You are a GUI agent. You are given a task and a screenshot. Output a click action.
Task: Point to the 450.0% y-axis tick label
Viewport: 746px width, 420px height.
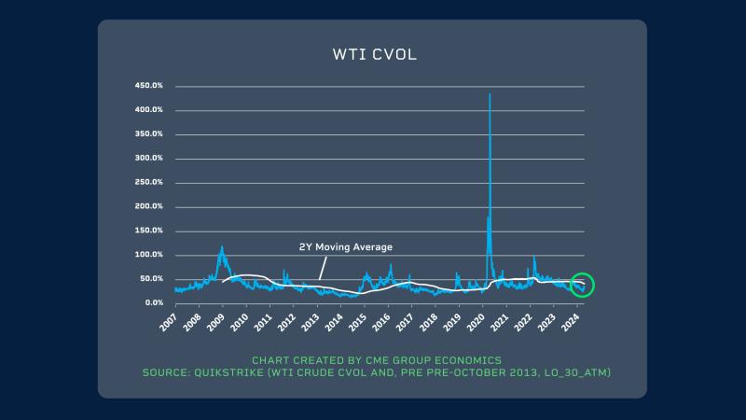point(150,86)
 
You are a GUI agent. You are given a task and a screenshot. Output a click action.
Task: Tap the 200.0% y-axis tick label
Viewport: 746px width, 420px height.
point(150,206)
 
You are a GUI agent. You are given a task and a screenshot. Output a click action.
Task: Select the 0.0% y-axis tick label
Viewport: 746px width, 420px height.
point(154,302)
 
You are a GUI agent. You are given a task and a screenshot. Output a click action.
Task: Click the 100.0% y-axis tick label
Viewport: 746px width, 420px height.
point(150,255)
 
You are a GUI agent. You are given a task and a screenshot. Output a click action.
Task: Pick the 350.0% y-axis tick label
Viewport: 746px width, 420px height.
point(150,134)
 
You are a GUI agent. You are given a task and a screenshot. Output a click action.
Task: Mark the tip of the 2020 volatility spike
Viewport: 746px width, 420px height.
point(490,94)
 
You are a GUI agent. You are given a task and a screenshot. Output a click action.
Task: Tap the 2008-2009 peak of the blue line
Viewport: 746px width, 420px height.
point(221,247)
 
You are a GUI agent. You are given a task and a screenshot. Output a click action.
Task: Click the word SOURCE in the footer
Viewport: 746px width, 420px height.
point(166,372)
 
